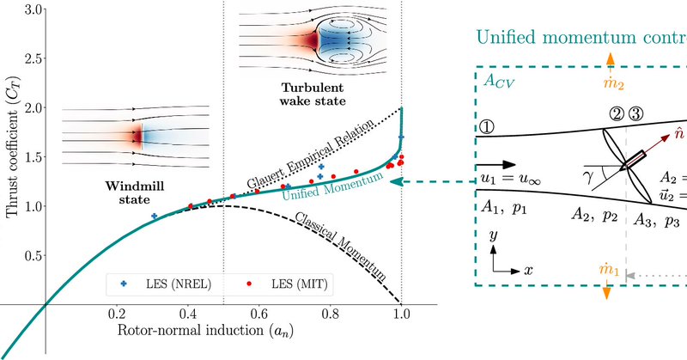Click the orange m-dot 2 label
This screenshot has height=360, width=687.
click(611, 88)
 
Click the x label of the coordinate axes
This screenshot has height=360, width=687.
click(529, 270)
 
